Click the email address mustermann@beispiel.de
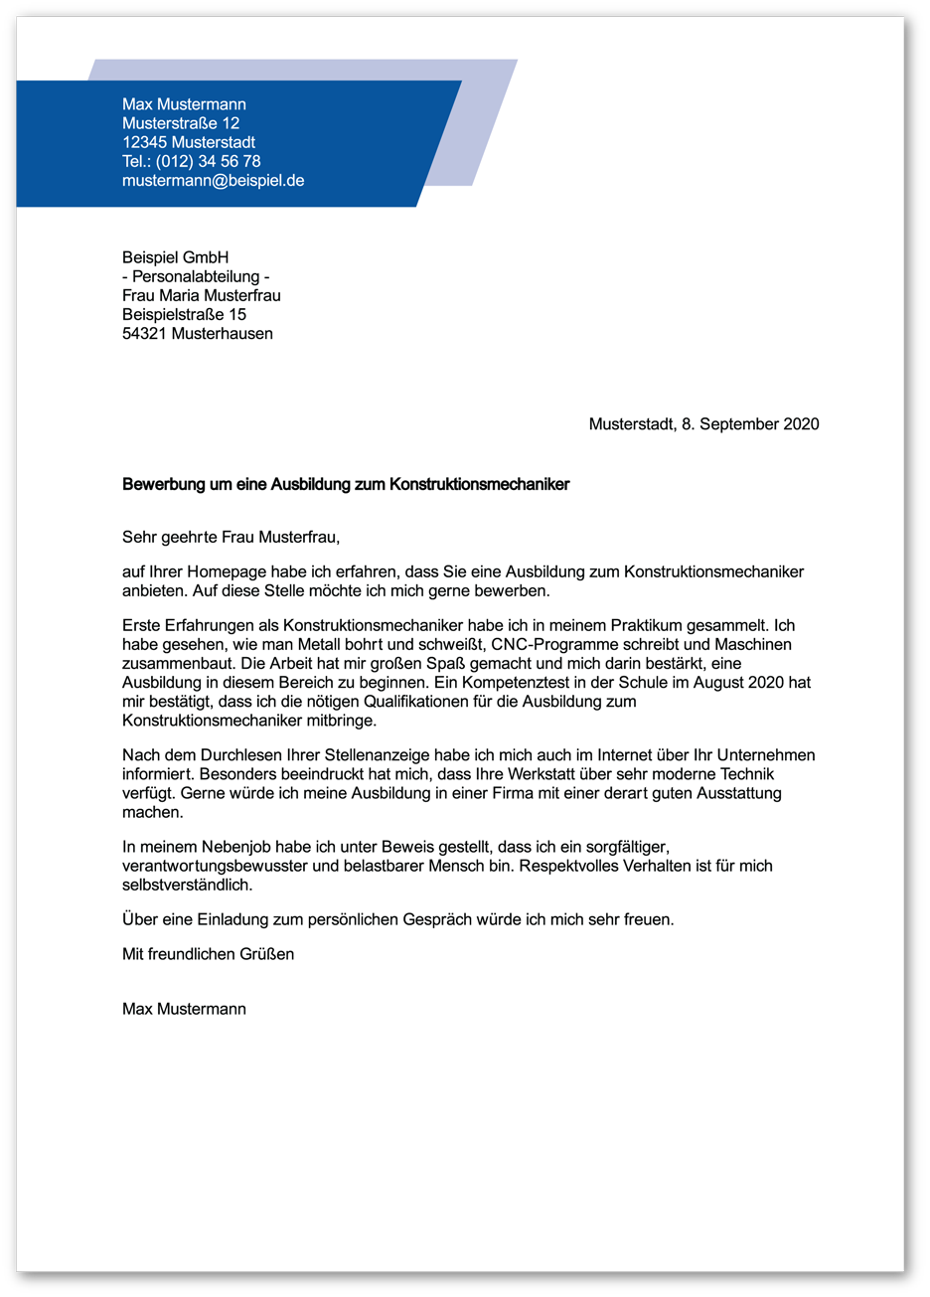click(x=213, y=181)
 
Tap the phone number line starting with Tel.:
click(x=191, y=161)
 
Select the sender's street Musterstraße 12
click(x=181, y=123)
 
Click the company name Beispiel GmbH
click(x=175, y=257)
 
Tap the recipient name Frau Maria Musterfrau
click(x=202, y=295)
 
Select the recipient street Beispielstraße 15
click(x=184, y=314)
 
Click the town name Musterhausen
click(x=222, y=333)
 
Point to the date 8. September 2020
click(x=750, y=424)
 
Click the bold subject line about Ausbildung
click(x=346, y=485)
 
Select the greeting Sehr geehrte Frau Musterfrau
click(x=231, y=538)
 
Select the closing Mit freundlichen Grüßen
click(x=208, y=954)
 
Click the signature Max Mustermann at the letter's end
click(x=184, y=1009)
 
